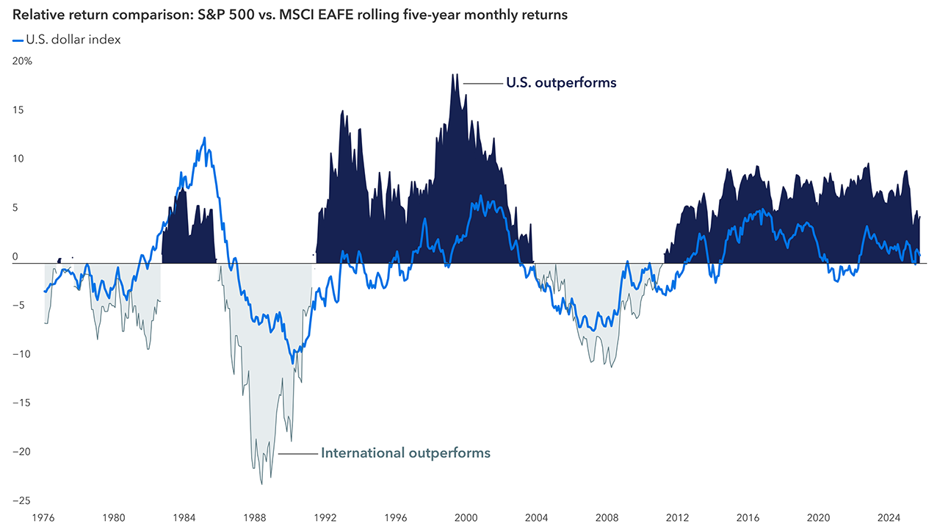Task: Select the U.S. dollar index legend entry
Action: coord(66,40)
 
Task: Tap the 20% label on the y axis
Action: coord(22,62)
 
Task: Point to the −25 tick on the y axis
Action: coord(21,500)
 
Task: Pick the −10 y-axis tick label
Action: coord(21,354)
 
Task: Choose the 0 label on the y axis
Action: coord(16,257)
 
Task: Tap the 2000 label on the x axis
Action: coord(466,517)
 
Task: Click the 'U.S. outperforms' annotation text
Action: coord(561,83)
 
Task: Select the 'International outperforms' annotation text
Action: coord(405,453)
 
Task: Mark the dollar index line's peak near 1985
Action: coord(204,137)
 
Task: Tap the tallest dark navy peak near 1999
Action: coord(455,74)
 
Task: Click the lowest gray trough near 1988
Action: coord(261,483)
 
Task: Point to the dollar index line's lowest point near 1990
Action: coord(293,363)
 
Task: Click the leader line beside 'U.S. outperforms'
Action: coord(482,83)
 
